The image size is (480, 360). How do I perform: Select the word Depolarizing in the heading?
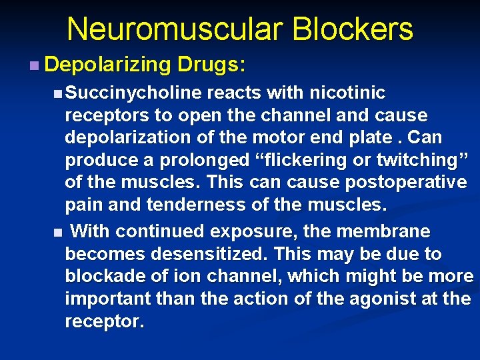[108, 65]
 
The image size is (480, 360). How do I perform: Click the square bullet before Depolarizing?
[34, 65]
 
